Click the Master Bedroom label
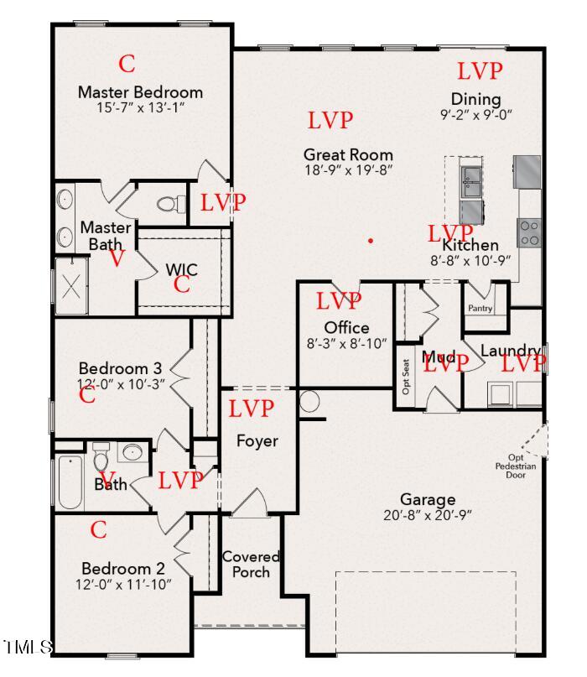(x=140, y=92)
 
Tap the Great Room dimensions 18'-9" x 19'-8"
(x=348, y=169)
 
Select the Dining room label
(x=475, y=99)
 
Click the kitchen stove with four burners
(x=528, y=232)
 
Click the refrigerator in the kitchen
(x=527, y=171)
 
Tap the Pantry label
(x=481, y=309)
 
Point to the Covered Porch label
(x=251, y=564)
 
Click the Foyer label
(x=257, y=440)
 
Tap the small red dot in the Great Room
(x=371, y=241)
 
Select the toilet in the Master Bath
(x=171, y=203)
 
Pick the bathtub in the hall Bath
(x=70, y=482)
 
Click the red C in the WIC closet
(x=182, y=285)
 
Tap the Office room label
(x=346, y=326)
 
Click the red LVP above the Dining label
(x=480, y=70)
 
